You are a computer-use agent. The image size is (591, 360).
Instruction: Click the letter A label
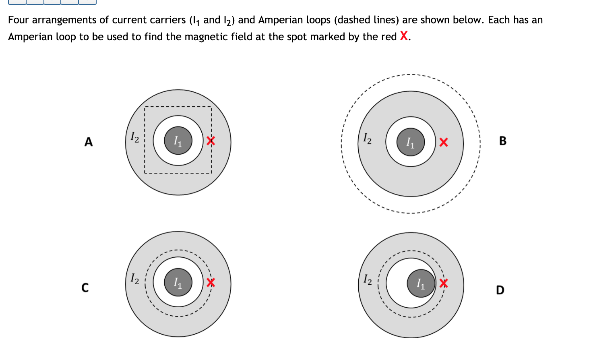pyautogui.click(x=89, y=142)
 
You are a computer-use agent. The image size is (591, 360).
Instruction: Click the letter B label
pyautogui.click(x=502, y=141)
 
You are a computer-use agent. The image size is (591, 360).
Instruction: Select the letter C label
pyautogui.click(x=85, y=288)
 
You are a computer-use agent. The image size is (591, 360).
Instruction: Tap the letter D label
pyautogui.click(x=500, y=290)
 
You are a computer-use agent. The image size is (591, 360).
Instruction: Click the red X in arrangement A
pyautogui.click(x=211, y=141)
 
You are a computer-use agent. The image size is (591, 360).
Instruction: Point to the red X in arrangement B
pyautogui.click(x=443, y=142)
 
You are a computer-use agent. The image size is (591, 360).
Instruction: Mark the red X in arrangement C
pyautogui.click(x=211, y=282)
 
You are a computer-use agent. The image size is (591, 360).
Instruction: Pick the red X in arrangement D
pyautogui.click(x=443, y=283)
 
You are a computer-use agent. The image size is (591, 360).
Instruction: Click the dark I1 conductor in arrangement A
pyautogui.click(x=178, y=141)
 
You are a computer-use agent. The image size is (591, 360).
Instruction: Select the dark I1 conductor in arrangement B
pyautogui.click(x=411, y=142)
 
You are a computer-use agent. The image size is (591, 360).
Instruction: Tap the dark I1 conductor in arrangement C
pyautogui.click(x=178, y=282)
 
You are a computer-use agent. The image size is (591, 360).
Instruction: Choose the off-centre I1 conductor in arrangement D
pyautogui.click(x=421, y=283)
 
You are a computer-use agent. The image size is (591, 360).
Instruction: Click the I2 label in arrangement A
pyautogui.click(x=135, y=137)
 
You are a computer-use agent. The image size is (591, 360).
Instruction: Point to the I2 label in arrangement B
pyautogui.click(x=367, y=139)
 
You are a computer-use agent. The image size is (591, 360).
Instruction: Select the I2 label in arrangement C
pyautogui.click(x=135, y=278)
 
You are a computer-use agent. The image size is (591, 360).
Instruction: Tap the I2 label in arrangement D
pyautogui.click(x=368, y=279)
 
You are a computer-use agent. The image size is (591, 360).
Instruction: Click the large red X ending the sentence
pyautogui.click(x=404, y=36)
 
